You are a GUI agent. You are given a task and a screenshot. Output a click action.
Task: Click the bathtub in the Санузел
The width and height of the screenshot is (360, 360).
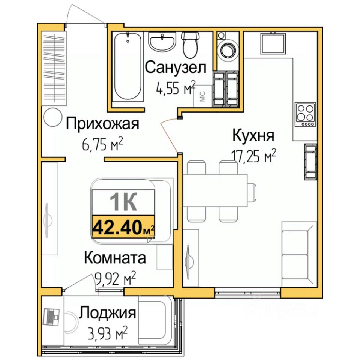pyautogui.click(x=127, y=66)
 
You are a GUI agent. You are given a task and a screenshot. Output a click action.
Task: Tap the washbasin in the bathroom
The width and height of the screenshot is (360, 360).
pyautogui.click(x=162, y=41)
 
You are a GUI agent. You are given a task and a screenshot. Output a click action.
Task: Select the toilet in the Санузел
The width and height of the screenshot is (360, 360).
pyautogui.click(x=190, y=45)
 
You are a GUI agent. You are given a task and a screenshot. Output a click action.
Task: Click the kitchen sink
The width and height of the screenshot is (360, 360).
pyautogui.click(x=273, y=43)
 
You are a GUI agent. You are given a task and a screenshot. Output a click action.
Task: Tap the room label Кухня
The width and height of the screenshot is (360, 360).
pyautogui.click(x=253, y=135)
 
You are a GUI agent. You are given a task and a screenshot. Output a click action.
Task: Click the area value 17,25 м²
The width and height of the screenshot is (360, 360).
pyautogui.click(x=254, y=156)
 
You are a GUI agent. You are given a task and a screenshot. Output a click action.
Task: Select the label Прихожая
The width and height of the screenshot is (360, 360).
pyautogui.click(x=102, y=124)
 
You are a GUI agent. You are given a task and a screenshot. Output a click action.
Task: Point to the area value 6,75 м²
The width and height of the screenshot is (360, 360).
pyautogui.click(x=102, y=144)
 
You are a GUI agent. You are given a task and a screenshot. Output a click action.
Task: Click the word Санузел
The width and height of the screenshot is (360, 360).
pyautogui.click(x=175, y=67)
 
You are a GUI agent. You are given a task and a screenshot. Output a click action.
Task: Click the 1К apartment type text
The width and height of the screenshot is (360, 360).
pyautogui.click(x=123, y=202)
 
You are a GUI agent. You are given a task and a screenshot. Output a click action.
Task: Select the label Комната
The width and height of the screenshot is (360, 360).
pyautogui.click(x=115, y=258)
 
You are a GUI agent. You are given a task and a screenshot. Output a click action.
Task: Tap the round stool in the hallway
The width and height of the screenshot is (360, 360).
pyautogui.click(x=53, y=117)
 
